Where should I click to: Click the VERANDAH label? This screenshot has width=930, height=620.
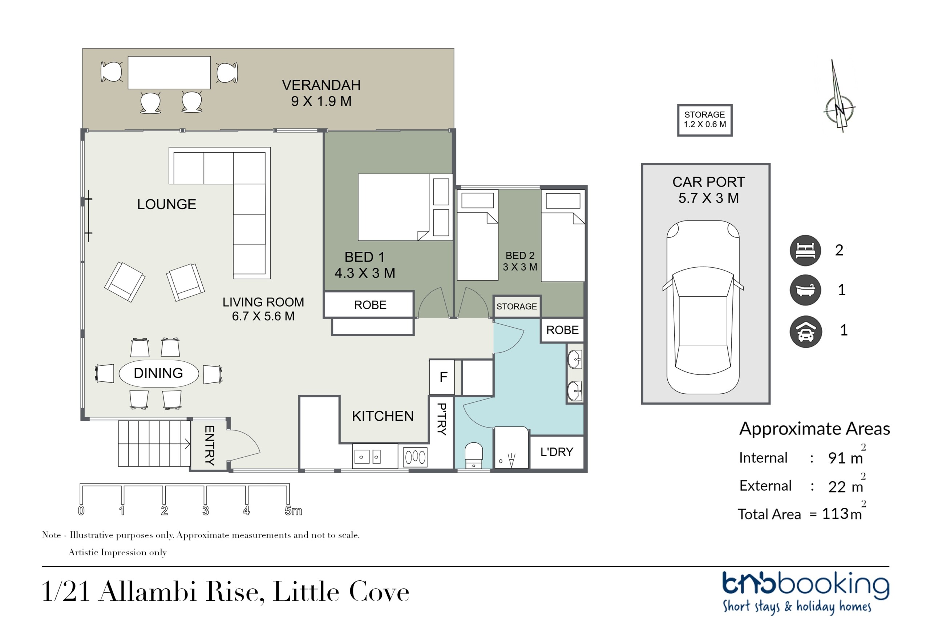[x=321, y=85]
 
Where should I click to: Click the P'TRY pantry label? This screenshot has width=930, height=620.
[x=442, y=419]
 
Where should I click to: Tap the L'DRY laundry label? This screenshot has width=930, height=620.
[x=557, y=452]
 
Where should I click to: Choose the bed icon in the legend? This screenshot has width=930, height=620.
[x=805, y=250]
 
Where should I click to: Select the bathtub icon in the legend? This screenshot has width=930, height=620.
[x=805, y=290]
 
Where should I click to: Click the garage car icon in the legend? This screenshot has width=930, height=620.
[x=805, y=332]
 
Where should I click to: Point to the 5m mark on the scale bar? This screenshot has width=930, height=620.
[x=293, y=511]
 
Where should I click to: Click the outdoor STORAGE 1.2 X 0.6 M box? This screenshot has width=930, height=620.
[x=705, y=120]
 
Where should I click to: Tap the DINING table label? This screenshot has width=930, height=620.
[x=158, y=373]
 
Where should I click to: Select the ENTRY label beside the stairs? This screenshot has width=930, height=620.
[x=210, y=445]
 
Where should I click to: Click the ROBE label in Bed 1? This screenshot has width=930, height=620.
[x=370, y=305]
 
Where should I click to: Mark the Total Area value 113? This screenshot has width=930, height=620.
[x=835, y=514]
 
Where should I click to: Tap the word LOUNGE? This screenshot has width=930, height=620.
[x=166, y=204]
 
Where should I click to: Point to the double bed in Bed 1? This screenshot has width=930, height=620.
[x=405, y=207]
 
